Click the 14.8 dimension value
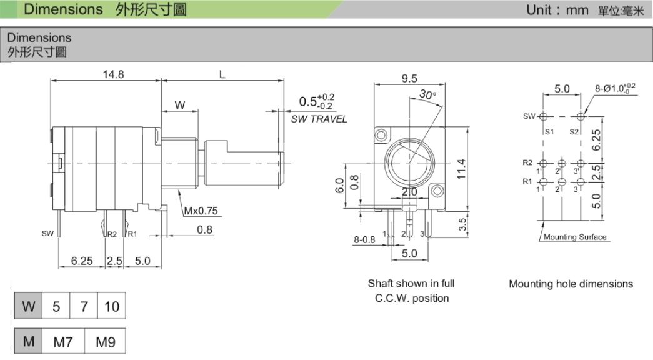click(113, 74)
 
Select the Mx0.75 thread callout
click(201, 211)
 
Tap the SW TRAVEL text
click(319, 119)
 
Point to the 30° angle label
click(427, 94)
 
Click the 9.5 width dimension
click(409, 78)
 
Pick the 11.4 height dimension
click(461, 169)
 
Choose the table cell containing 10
click(112, 306)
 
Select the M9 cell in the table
click(105, 342)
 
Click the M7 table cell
click(63, 342)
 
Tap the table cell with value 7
click(84, 306)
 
